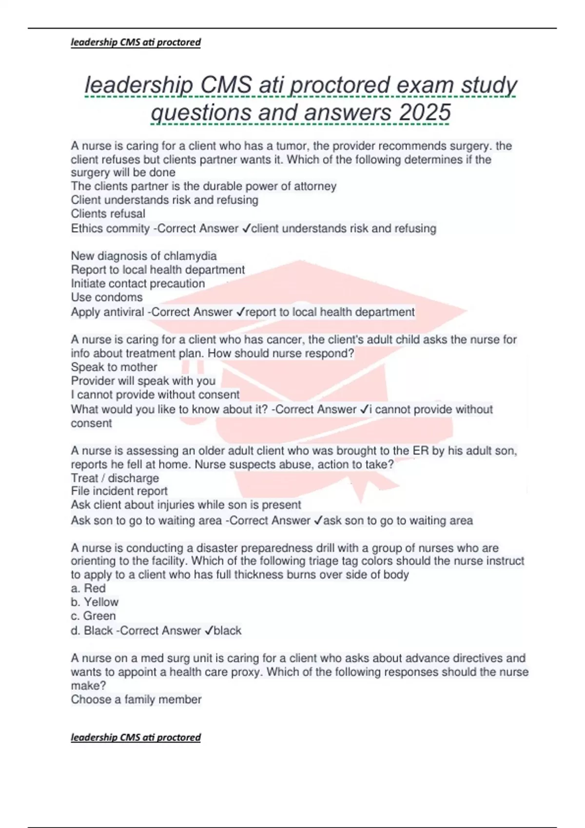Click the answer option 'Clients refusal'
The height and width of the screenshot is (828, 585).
coord(108,213)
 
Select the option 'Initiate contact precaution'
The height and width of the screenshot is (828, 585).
coord(138,283)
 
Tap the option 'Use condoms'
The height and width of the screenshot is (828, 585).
coord(107,297)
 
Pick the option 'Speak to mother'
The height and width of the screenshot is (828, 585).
coord(114,367)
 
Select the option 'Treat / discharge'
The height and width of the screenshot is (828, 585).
coord(115,478)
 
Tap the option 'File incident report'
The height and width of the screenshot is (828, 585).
coord(119,491)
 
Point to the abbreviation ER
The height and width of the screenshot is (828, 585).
coord(420,451)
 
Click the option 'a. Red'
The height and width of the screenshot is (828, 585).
coord(88,588)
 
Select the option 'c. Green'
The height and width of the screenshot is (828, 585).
coord(93,616)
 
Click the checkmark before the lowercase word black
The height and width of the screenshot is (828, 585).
coord(209,630)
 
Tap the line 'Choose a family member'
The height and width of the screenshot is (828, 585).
coord(136,699)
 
